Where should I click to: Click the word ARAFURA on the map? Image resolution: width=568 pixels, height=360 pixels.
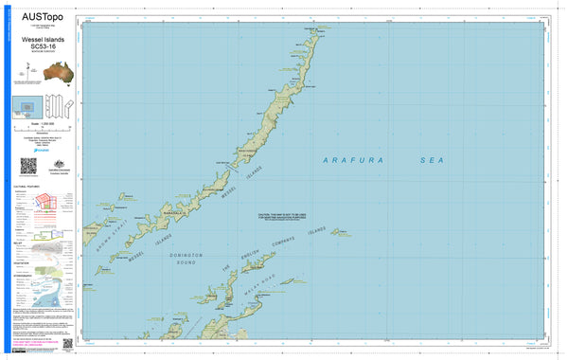[x=353, y=161]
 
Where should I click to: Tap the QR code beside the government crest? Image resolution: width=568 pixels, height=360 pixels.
[x=27, y=166]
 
